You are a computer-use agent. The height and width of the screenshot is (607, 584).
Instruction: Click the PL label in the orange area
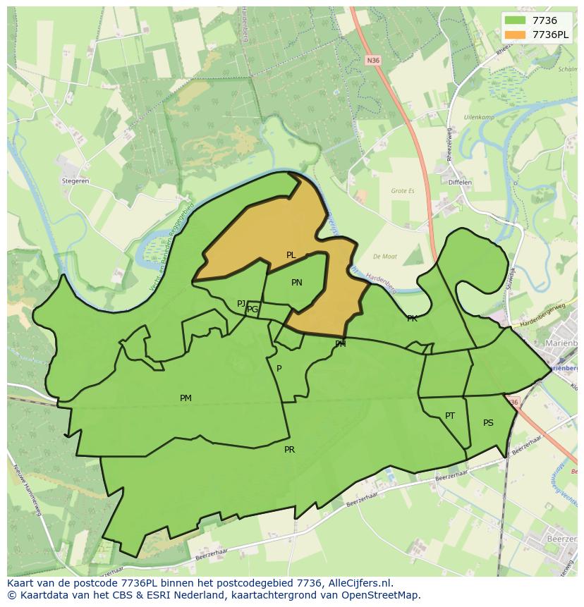(291, 255)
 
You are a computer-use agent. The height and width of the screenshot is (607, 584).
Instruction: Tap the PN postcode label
(297, 283)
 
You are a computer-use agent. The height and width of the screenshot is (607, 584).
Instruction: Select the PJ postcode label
(241, 304)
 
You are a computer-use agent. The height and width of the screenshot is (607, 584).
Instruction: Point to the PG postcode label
(253, 309)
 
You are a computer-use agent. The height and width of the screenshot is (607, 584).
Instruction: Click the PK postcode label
(412, 319)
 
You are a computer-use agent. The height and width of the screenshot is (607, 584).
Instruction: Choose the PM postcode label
(185, 398)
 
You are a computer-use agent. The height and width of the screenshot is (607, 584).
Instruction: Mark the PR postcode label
(289, 450)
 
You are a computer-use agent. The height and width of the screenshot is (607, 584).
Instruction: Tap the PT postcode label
(450, 416)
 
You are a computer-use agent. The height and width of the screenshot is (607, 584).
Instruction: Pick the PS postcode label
(488, 423)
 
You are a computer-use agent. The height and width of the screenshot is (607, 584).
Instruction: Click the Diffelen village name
(460, 183)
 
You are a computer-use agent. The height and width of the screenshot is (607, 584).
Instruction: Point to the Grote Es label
(403, 190)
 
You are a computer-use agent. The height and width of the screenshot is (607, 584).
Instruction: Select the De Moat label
(386, 257)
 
